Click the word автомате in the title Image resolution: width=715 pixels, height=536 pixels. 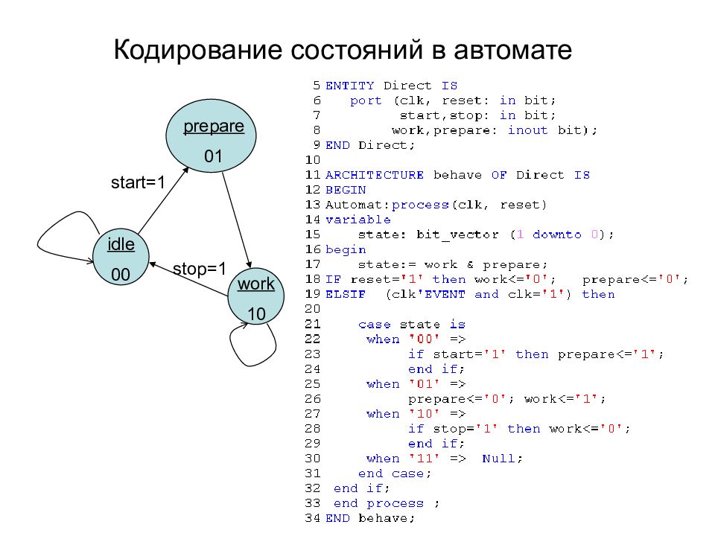(x=512, y=50)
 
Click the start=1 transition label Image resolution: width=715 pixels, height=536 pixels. (x=138, y=182)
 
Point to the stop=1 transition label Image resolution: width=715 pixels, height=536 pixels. (x=200, y=269)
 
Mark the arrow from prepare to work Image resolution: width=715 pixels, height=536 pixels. (x=237, y=220)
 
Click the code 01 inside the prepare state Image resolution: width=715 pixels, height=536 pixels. (x=213, y=157)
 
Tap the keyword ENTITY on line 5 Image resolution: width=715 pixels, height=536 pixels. (x=350, y=86)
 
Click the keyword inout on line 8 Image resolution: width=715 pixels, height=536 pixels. (x=527, y=130)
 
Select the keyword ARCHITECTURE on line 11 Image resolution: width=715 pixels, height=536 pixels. (x=375, y=175)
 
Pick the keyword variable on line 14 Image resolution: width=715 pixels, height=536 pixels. (x=358, y=220)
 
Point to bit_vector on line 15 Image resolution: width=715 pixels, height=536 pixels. (x=457, y=234)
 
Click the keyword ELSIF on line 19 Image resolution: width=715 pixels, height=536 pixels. (x=345, y=295)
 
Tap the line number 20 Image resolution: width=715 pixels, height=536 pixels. (x=312, y=309)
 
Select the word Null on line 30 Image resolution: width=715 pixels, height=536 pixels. (x=498, y=459)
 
